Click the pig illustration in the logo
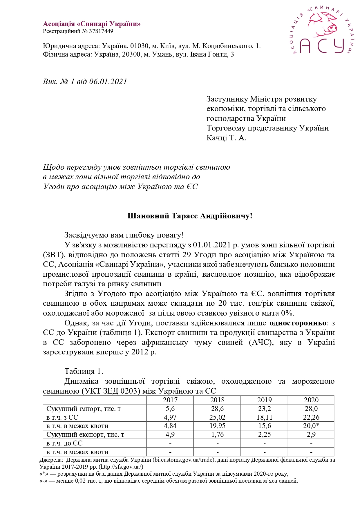(x=323, y=24)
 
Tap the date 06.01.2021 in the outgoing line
(x=108, y=81)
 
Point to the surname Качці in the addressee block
(x=217, y=138)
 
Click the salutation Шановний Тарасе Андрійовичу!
(x=190, y=216)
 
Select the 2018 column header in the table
(x=217, y=400)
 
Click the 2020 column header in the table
(x=311, y=400)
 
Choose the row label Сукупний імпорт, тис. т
(x=84, y=409)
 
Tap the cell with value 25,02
(x=217, y=417)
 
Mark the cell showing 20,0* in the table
(x=311, y=426)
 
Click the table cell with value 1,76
(x=217, y=434)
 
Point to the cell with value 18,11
(x=264, y=417)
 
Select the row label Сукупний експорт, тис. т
(x=85, y=434)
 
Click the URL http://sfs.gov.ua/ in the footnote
(x=121, y=467)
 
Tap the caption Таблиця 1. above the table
(x=84, y=372)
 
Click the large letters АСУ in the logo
(x=322, y=46)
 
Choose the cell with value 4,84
(x=170, y=426)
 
